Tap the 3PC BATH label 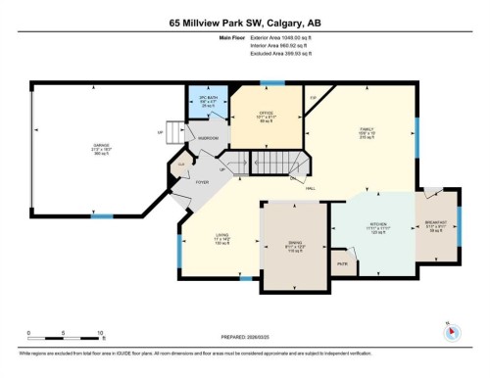(206, 100)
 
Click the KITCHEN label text (374, 225)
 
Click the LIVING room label (222, 235)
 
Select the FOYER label (203, 182)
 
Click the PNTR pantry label (343, 263)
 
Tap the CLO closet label (181, 164)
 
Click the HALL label (310, 187)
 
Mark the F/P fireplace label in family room (313, 98)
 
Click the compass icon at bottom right (451, 330)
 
